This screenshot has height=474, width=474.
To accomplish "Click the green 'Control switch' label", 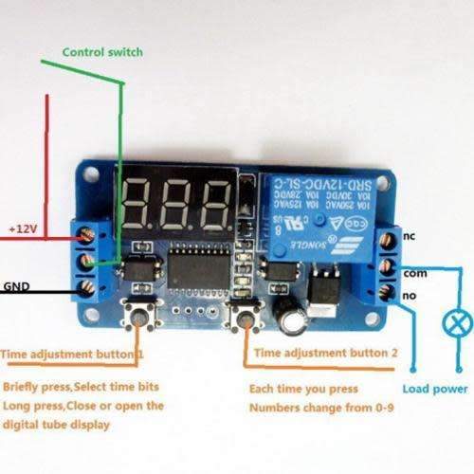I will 101,52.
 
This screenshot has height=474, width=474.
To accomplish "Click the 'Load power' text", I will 435,389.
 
